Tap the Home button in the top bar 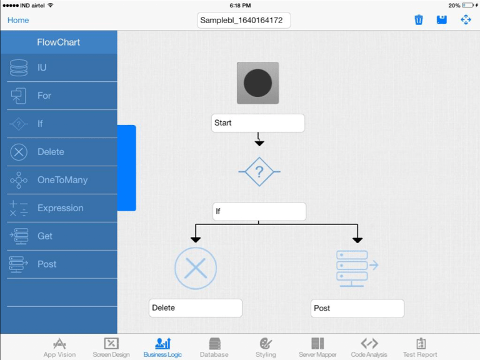(x=18, y=20)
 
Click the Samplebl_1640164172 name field (x=244, y=20)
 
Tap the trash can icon (x=419, y=20)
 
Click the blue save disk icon (x=442, y=20)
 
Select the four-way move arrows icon (x=466, y=20)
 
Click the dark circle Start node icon (x=257, y=83)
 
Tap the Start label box (x=257, y=123)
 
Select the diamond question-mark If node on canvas (x=259, y=171)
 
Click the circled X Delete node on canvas (x=196, y=268)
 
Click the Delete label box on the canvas (x=195, y=308)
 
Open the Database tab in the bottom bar (x=214, y=347)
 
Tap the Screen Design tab (x=111, y=347)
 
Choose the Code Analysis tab (x=369, y=347)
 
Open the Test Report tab (x=420, y=347)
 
